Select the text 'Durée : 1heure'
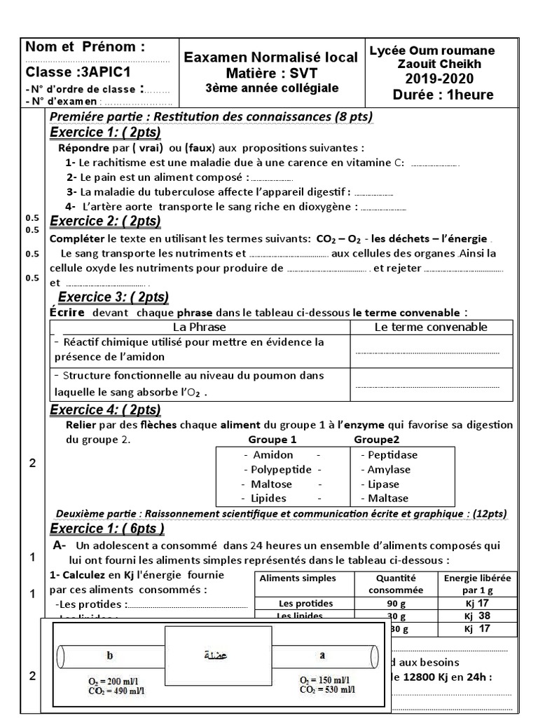point(443,95)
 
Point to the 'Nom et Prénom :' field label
point(85,47)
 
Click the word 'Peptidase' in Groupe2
point(389,455)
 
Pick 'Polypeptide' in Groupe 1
point(277,470)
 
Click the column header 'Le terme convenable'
point(431,327)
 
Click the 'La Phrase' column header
point(199,327)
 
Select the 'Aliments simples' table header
point(298,578)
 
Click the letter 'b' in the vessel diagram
point(109,656)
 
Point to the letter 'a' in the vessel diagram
point(322,656)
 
